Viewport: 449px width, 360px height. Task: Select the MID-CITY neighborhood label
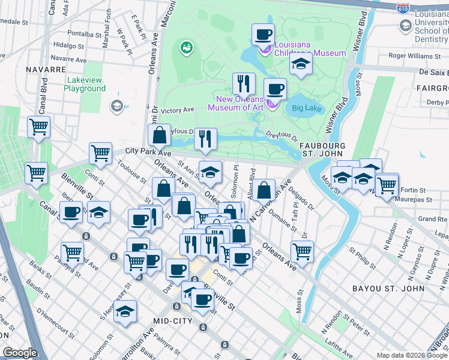click(x=172, y=321)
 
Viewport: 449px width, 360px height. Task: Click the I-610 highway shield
click(x=403, y=8)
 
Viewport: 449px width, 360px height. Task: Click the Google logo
click(x=20, y=353)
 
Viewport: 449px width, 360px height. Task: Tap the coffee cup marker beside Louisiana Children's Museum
click(x=263, y=34)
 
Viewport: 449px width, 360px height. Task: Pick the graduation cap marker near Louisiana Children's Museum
click(x=300, y=64)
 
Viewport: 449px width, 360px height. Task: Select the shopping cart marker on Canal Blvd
click(x=38, y=127)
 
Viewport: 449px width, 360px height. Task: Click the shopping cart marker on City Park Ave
click(x=100, y=152)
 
